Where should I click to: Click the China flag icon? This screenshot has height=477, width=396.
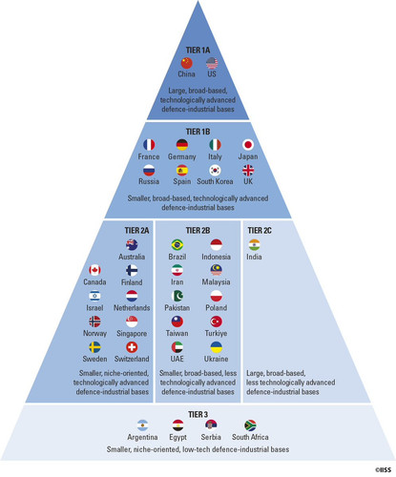click(187, 63)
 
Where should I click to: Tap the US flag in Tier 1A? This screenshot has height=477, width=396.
click(212, 63)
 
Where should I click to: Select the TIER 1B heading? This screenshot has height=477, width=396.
click(198, 132)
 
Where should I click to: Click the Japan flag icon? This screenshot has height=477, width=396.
click(248, 145)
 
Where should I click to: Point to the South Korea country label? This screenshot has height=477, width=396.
click(215, 181)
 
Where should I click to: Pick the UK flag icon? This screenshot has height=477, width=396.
click(248, 170)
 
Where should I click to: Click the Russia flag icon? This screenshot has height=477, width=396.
click(149, 170)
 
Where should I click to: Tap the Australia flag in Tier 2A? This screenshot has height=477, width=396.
click(132, 245)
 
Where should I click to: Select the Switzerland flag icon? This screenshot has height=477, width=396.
click(132, 347)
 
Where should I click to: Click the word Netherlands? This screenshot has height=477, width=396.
click(132, 308)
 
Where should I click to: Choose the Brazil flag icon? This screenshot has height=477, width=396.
click(177, 245)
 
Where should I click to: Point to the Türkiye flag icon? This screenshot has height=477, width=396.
click(217, 321)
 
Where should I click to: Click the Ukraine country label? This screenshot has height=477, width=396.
click(217, 359)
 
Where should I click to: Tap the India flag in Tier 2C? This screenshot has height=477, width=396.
click(254, 245)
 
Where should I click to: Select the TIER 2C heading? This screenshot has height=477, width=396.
click(260, 231)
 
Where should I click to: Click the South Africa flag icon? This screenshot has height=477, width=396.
click(250, 425)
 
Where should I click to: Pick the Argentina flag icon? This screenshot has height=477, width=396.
click(142, 425)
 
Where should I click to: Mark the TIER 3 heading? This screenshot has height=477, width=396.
click(198, 415)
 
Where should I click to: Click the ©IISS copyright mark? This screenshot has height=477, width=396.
click(384, 470)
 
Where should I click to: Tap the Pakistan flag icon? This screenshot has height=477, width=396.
click(177, 296)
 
